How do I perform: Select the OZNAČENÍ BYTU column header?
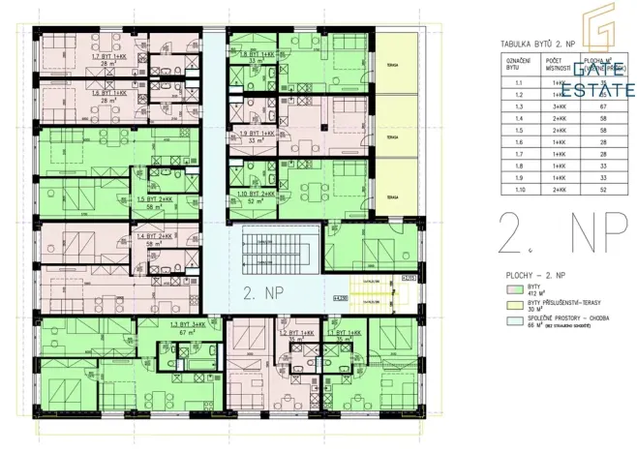click(514, 64)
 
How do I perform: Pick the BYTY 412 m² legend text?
click(534, 289)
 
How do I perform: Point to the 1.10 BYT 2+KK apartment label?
click(254, 195)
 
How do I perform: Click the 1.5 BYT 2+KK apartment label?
click(155, 200)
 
